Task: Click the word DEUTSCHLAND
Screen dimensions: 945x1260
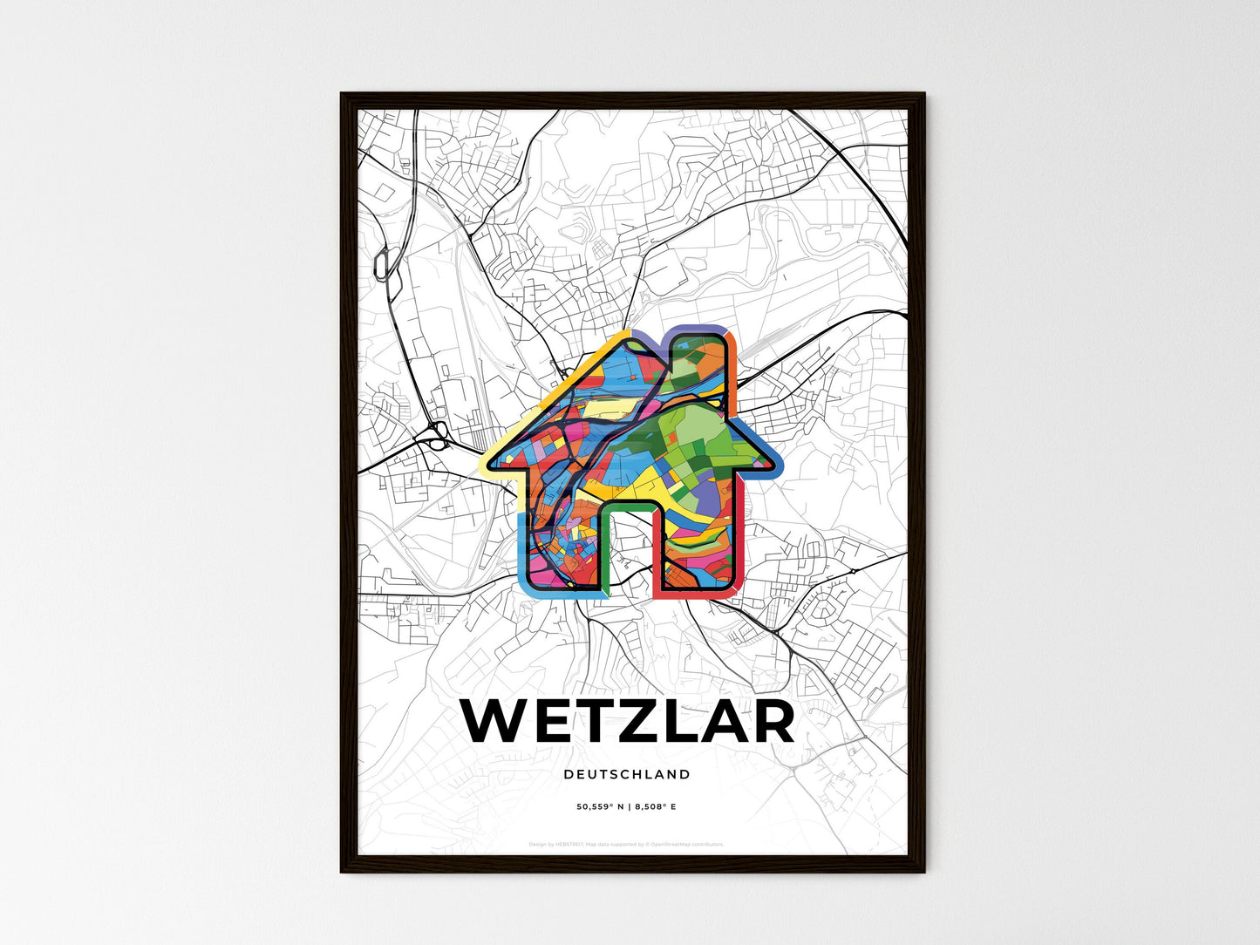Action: pos(627,774)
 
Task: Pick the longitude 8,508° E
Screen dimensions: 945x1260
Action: pos(657,807)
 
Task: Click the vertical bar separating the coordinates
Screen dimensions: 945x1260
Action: pos(629,807)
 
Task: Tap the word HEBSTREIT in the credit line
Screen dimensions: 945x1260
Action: pos(569,844)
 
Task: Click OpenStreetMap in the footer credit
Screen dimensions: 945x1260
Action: pos(672,844)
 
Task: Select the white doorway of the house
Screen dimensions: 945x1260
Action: pos(628,549)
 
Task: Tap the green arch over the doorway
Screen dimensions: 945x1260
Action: pos(628,505)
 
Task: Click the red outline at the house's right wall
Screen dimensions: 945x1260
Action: pos(742,540)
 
